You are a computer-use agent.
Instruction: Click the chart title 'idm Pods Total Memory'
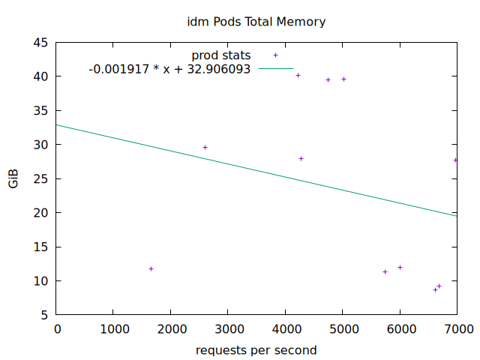coord(256,22)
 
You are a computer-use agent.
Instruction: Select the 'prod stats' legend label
coord(221,55)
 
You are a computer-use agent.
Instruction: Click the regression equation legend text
coord(169,69)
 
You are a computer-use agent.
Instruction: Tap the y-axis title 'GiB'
coord(13,178)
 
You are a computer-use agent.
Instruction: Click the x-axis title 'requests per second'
coord(256,350)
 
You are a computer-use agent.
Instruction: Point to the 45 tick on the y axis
coord(41,42)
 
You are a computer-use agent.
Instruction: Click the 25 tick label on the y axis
coord(41,178)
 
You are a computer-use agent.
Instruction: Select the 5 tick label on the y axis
coord(45,315)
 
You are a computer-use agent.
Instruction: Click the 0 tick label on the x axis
coord(57,328)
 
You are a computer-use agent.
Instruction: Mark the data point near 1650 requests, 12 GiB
coord(151,268)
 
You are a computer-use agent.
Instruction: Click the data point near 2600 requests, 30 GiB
coord(205,147)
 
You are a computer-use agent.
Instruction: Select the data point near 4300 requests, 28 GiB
coord(301,158)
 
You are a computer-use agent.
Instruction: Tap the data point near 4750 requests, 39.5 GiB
coord(328,79)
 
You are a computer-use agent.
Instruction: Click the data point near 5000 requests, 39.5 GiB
coord(343,79)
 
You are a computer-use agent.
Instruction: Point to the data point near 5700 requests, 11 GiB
coord(385,271)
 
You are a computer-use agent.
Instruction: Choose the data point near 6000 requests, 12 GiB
coord(400,267)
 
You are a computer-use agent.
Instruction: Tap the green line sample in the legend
coord(275,69)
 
